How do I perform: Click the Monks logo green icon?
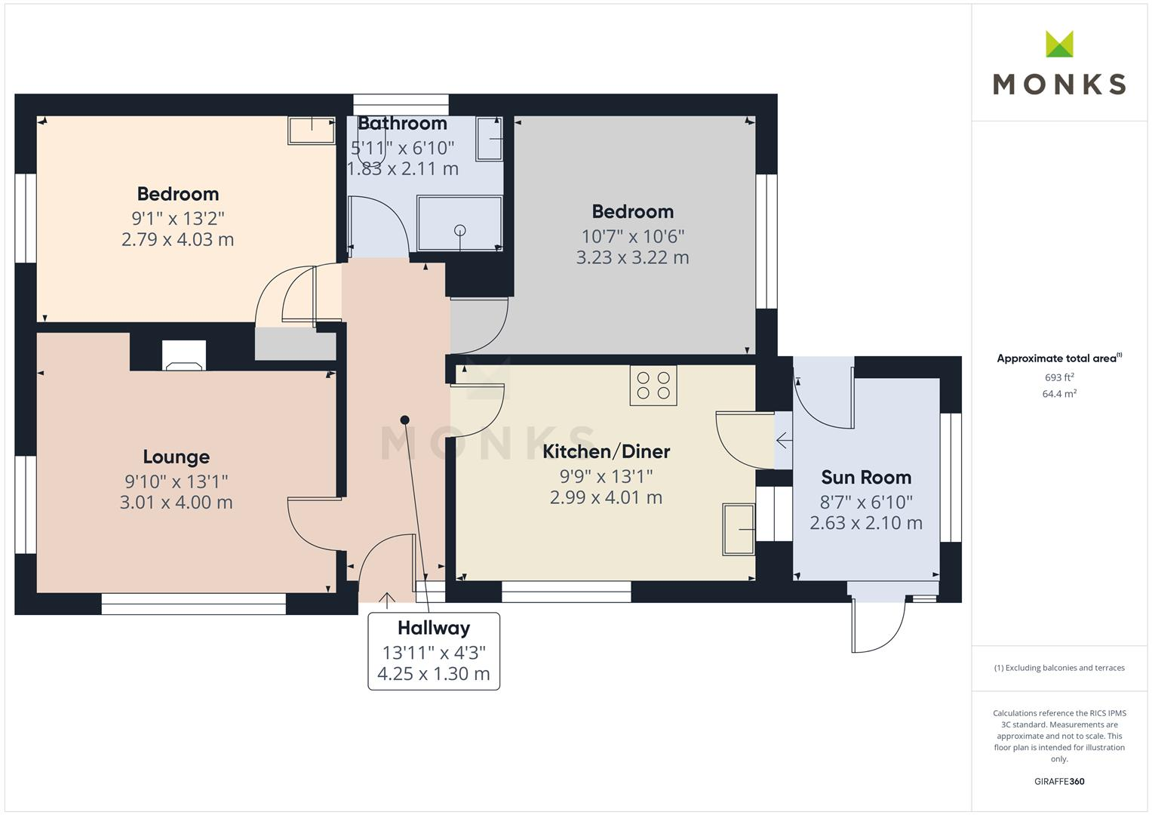(1059, 44)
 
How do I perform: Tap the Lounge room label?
(177, 457)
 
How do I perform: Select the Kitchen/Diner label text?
(607, 452)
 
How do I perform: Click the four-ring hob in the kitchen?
(653, 385)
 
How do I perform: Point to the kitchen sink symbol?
(739, 530)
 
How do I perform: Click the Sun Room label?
(866, 478)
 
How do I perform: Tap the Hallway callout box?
(434, 650)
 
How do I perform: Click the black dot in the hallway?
(405, 420)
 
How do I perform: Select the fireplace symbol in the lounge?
(184, 356)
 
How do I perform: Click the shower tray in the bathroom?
(460, 223)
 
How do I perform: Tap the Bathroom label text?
(402, 124)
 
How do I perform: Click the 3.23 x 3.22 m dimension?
(632, 257)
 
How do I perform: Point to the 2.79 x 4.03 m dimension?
(177, 240)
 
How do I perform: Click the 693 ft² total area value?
(1059, 377)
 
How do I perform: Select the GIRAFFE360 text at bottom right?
(1059, 781)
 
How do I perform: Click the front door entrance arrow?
(386, 600)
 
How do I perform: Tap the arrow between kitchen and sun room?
(783, 439)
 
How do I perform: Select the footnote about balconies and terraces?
(1059, 668)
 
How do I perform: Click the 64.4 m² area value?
(1059, 394)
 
